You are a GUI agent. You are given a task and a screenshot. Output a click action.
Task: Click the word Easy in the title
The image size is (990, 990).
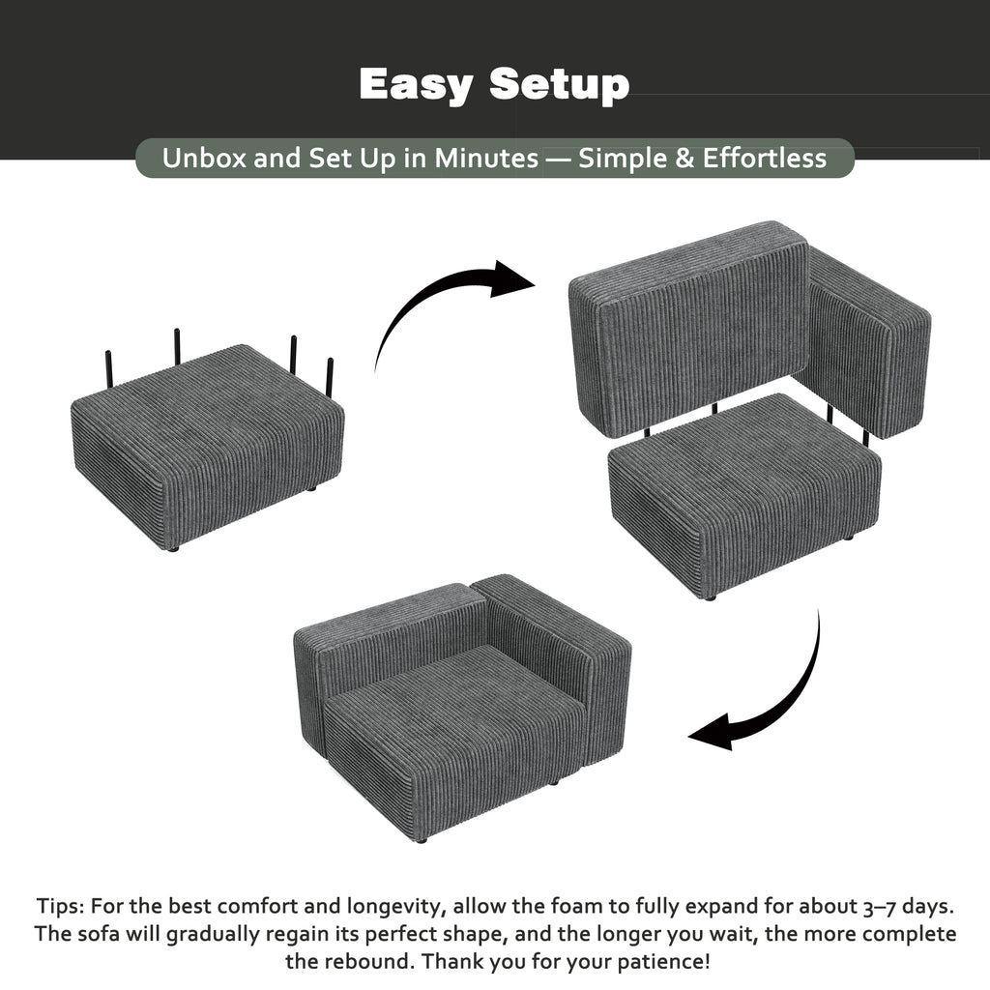(416, 85)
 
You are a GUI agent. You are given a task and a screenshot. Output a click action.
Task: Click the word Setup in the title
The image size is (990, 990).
(560, 85)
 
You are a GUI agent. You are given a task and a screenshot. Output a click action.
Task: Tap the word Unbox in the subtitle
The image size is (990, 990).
(204, 159)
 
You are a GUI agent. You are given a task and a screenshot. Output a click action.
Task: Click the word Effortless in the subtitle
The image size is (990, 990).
(765, 158)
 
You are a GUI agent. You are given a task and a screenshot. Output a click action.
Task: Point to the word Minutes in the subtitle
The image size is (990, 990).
(486, 159)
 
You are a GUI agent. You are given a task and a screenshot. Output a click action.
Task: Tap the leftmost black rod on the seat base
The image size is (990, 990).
(109, 369)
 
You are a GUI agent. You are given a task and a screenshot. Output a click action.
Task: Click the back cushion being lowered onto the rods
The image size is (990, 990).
(689, 329)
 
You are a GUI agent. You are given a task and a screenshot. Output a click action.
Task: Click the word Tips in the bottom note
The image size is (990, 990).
(59, 907)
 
